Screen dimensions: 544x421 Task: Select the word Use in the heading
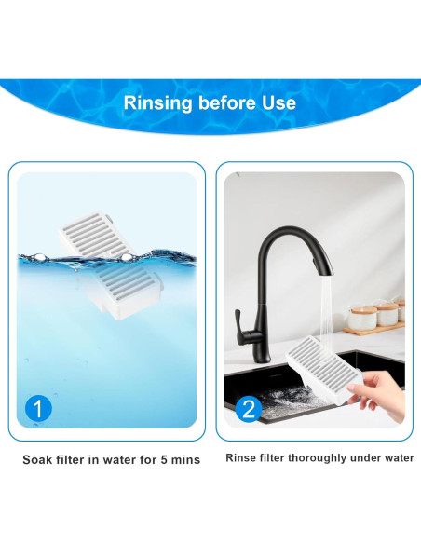pos(280,102)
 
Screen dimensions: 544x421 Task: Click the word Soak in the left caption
pos(40,460)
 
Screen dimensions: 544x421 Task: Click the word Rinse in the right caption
pos(243,458)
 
